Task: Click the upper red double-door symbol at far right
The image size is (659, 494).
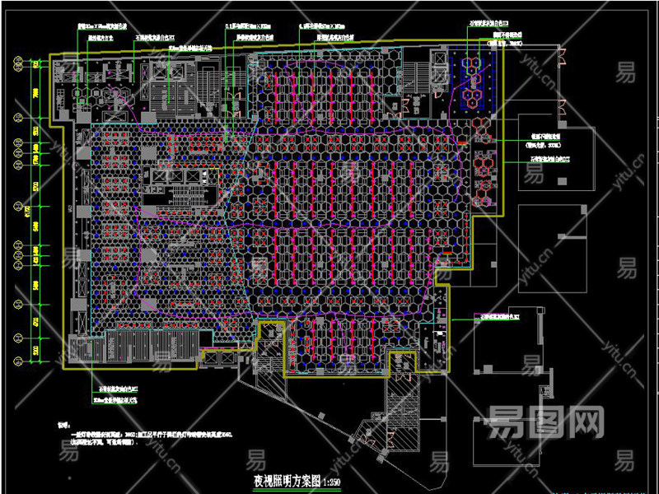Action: [563, 55]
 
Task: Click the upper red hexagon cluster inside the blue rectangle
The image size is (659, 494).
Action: [474, 65]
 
